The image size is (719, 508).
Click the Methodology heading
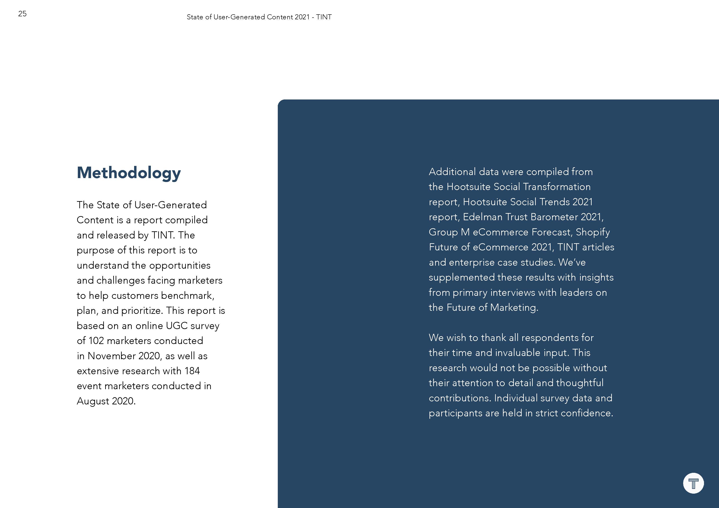point(129,173)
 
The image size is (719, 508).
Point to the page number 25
point(22,14)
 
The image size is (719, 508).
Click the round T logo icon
point(693,483)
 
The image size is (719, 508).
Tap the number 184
point(192,371)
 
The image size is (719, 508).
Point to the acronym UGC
point(177,326)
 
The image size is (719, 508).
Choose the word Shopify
point(593,232)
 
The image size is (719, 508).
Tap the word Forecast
point(552,232)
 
